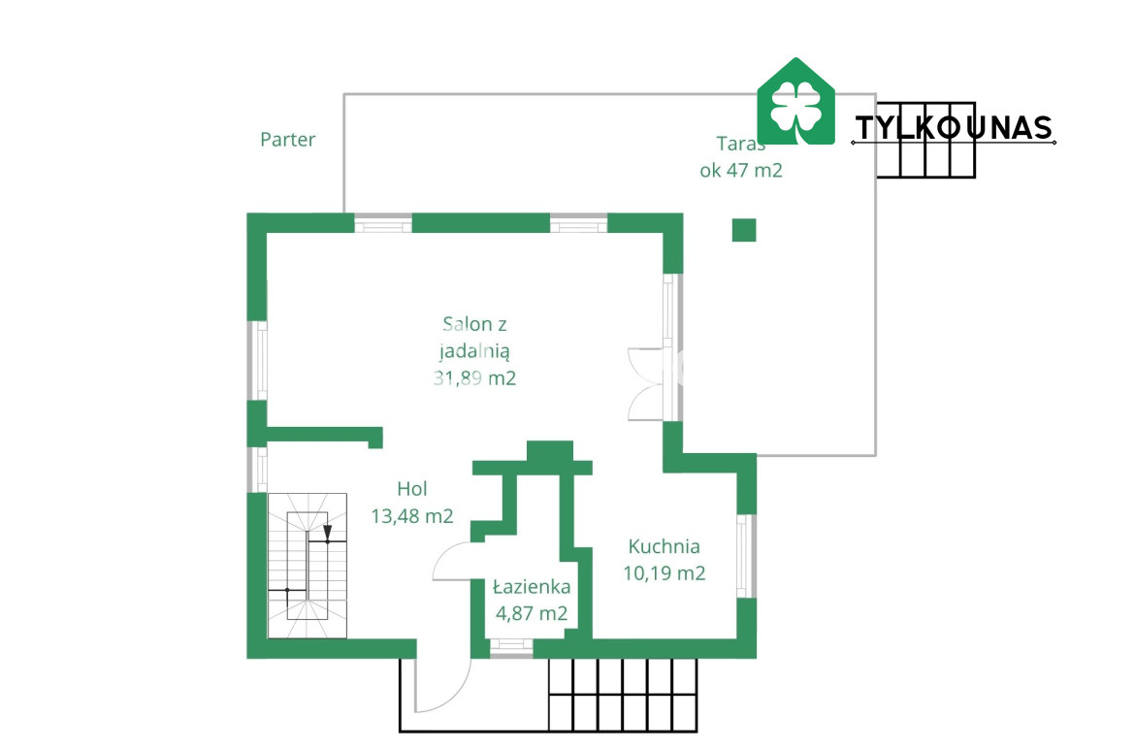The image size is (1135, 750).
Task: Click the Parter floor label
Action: point(287,139)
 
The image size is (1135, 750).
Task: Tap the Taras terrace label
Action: point(740,144)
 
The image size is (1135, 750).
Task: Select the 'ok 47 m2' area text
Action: point(740,170)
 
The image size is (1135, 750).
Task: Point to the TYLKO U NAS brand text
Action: point(954,128)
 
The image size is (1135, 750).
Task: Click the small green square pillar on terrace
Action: point(744,230)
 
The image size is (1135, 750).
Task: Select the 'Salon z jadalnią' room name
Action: point(474,338)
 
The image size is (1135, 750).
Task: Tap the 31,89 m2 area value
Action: point(474,377)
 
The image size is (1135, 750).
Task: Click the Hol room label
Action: point(412,489)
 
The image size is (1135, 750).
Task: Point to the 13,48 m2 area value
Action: point(412,516)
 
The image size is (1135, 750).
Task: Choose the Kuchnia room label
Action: point(664,546)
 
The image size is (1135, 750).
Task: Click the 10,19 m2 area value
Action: point(664,573)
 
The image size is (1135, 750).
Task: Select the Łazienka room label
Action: point(532,586)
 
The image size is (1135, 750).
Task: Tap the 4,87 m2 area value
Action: point(532,614)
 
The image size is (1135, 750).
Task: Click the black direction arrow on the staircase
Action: point(327,534)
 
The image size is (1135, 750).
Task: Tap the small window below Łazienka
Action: point(511,647)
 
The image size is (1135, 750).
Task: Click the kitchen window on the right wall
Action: point(746,555)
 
